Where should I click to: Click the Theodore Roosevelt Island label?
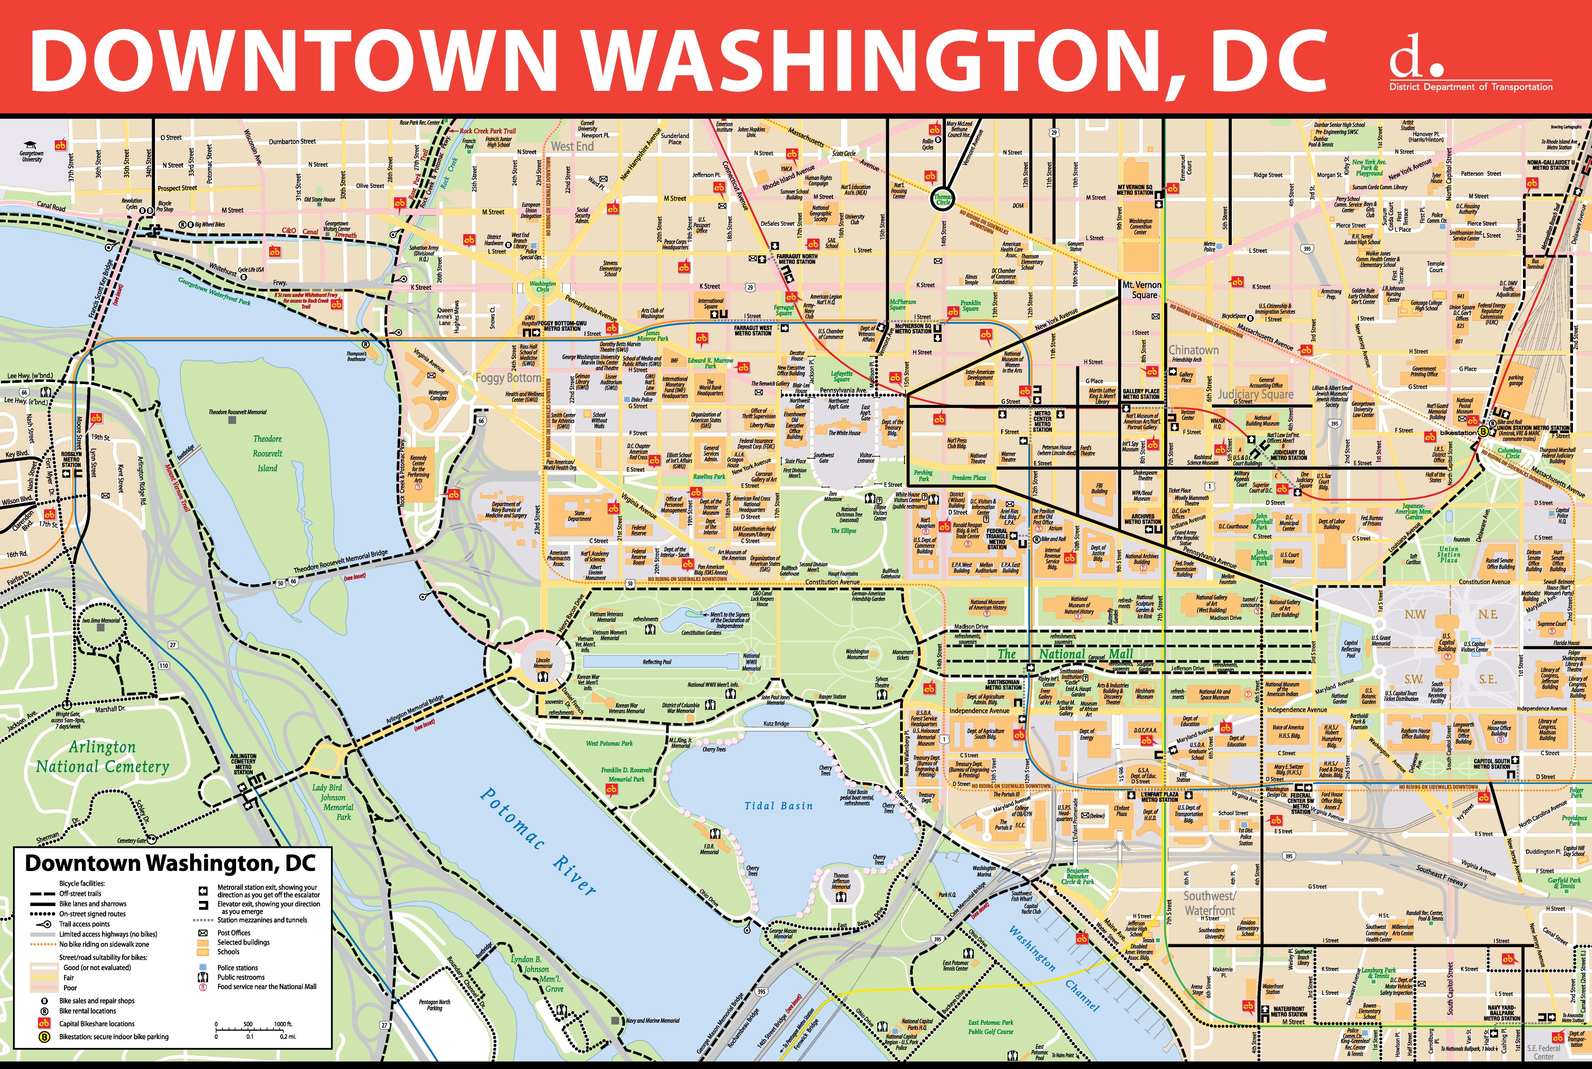[267, 454]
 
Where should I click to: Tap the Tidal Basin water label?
[778, 806]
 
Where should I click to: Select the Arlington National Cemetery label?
[102, 757]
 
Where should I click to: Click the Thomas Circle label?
[943, 199]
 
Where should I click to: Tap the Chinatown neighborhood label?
[1193, 350]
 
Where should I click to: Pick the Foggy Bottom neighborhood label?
[509, 378]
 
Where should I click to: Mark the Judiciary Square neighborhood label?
[1255, 394]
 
